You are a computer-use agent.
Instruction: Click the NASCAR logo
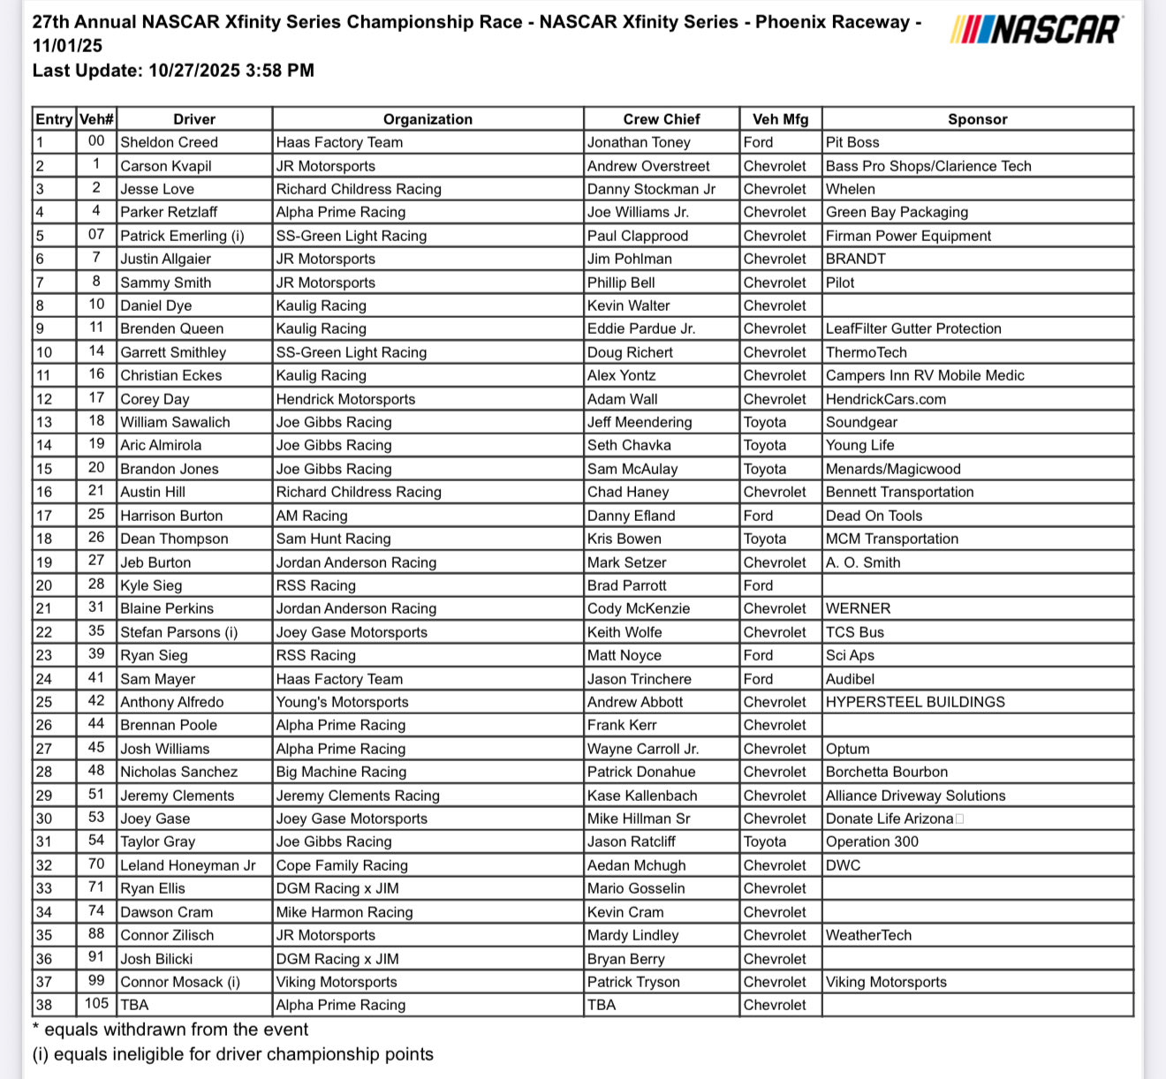pos(1036,30)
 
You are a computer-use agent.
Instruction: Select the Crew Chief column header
pos(661,119)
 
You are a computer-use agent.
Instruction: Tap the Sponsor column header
pos(977,119)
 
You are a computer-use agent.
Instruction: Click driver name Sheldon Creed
pos(169,142)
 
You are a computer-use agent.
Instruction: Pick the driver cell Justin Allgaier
pos(165,259)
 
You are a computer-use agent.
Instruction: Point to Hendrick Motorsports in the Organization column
pos(345,399)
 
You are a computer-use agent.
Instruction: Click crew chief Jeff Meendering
pos(640,422)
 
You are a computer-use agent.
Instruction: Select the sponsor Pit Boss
pos(852,142)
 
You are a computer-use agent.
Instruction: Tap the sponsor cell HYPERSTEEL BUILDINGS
pos(915,702)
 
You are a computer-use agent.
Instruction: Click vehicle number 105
pos(96,1004)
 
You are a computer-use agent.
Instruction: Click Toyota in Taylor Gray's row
pos(765,841)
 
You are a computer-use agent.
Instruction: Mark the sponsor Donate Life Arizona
pos(890,819)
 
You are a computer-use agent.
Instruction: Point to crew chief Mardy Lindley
pos(633,935)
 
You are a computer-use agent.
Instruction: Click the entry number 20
pos(44,585)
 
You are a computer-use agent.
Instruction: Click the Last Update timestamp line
pos(173,71)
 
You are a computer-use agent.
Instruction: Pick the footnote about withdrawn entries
pos(170,1030)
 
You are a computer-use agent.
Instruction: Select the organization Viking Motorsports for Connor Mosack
pos(337,982)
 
